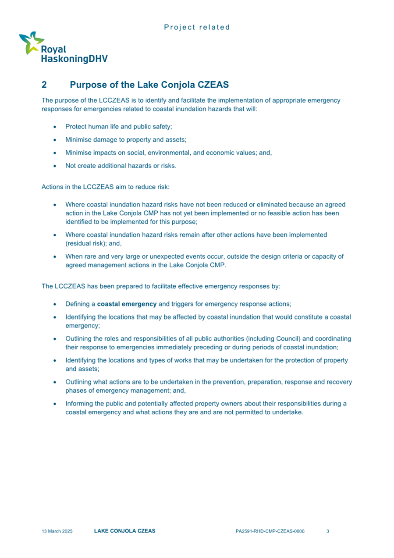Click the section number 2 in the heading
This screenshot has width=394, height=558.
(44, 84)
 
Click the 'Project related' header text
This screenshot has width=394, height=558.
(197, 27)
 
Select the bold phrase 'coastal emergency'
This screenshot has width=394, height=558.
(127, 304)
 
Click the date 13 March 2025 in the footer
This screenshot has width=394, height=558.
(57, 531)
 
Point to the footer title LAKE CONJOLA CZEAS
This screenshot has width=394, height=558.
(124, 531)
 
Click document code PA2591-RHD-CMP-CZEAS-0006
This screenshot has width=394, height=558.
(270, 531)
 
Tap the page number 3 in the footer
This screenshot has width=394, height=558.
(328, 531)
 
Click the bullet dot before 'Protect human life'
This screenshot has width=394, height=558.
(54, 127)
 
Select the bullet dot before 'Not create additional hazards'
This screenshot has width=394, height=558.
(54, 166)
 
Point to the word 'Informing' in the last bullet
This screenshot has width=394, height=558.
(79, 404)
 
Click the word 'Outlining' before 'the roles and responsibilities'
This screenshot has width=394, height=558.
(79, 339)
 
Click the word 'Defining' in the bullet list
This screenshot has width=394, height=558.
(78, 304)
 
